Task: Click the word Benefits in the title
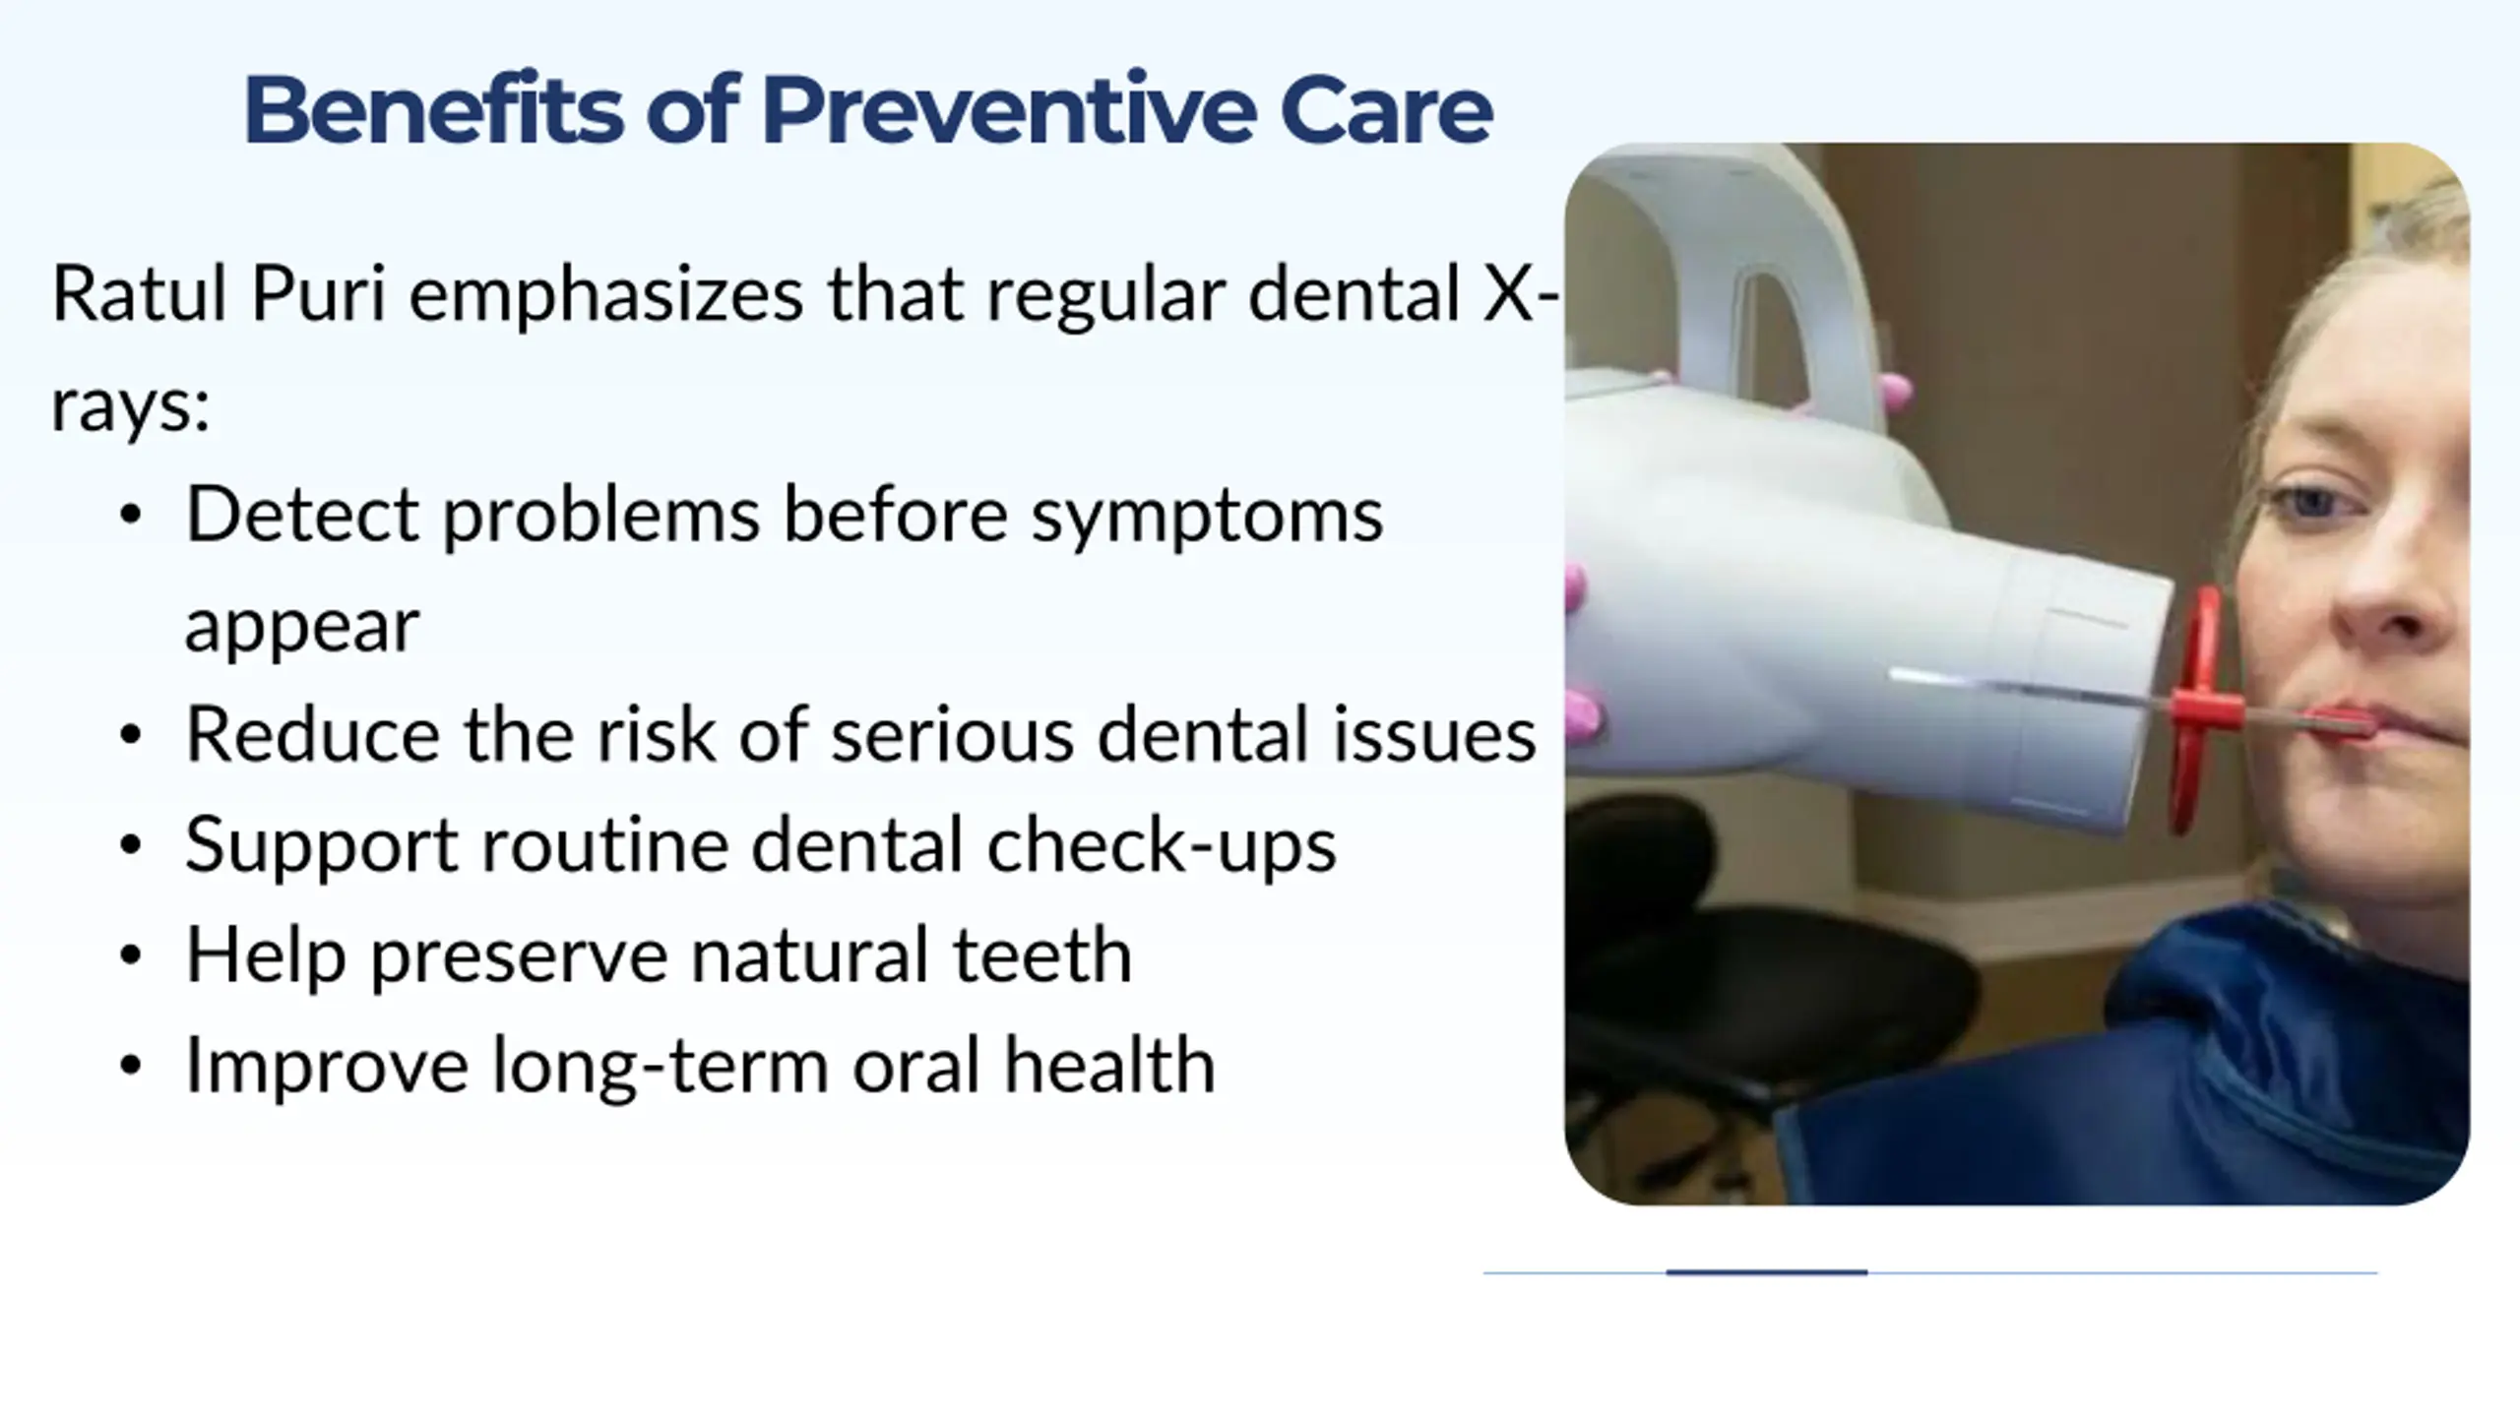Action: pyautogui.click(x=433, y=109)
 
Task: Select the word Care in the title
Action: pyautogui.click(x=1386, y=110)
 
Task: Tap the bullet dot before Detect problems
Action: pyautogui.click(x=130, y=516)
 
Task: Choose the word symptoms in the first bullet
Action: pyautogui.click(x=1207, y=517)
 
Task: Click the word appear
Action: pyautogui.click(x=302, y=627)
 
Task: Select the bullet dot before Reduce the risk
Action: pyautogui.click(x=130, y=736)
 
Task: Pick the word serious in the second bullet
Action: pyautogui.click(x=952, y=735)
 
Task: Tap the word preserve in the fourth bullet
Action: pyautogui.click(x=519, y=956)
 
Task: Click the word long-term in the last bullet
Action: pyautogui.click(x=660, y=1066)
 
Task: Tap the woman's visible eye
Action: pyautogui.click(x=2312, y=504)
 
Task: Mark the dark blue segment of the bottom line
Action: pyautogui.click(x=1766, y=1272)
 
